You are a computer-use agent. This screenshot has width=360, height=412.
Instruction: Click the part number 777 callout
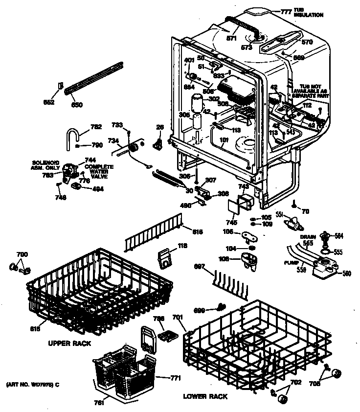pyautogui.click(x=286, y=10)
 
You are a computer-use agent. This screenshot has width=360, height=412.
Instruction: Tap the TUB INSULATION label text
pyautogui.click(x=308, y=13)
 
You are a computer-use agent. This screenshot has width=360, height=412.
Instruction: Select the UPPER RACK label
pyautogui.click(x=69, y=343)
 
